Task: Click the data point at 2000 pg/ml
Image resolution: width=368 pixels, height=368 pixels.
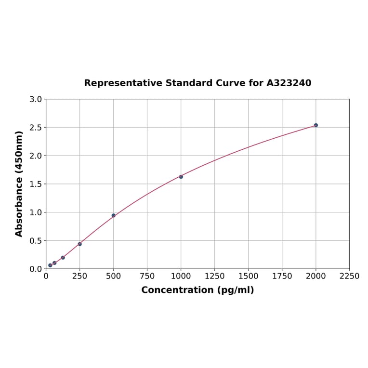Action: coord(316,125)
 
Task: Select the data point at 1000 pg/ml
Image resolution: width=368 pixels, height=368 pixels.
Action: coord(181,177)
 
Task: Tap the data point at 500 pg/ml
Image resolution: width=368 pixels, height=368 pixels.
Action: coord(114,215)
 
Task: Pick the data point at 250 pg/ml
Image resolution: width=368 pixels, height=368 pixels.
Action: coord(80,244)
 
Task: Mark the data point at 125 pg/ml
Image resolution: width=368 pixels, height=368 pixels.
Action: coord(63,258)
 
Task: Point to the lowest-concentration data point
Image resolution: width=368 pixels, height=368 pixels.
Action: coord(50,265)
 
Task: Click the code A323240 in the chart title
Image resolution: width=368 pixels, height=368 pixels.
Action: coord(289,83)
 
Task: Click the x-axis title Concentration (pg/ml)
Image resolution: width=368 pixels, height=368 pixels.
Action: coord(197,290)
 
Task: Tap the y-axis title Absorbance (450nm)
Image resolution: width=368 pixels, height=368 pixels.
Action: coord(19,184)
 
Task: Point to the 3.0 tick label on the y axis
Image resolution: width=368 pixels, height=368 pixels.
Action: coord(36,99)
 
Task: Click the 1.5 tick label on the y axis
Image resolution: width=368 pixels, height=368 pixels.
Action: coord(36,184)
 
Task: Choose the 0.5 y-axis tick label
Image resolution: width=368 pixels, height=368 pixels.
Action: coord(36,241)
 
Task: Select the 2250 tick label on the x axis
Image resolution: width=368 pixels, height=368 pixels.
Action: coord(350,276)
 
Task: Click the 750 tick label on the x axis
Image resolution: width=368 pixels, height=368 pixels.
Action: coord(147,276)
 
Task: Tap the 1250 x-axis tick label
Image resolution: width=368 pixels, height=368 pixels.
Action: coord(215,276)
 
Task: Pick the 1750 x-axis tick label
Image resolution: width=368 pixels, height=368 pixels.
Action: coord(282,276)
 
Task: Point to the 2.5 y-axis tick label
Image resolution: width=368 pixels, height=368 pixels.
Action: coord(36,128)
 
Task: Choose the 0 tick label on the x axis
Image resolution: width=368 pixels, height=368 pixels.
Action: coord(46,276)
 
